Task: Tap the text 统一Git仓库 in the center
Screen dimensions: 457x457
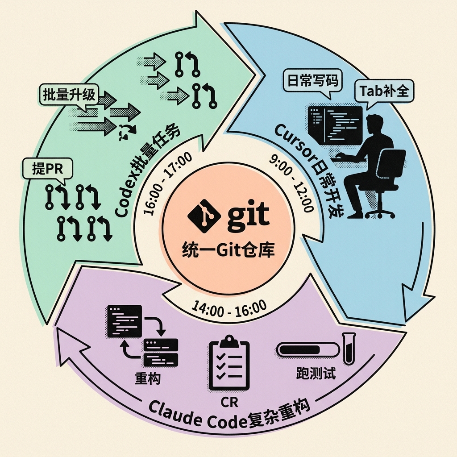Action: pos(228,249)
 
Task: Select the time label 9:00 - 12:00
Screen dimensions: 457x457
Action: pos(291,183)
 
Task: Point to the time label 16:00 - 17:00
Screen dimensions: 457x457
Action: pos(168,183)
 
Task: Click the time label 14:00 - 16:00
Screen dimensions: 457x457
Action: pos(229,309)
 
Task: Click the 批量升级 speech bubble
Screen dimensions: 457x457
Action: pos(69,96)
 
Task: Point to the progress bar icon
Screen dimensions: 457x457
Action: pos(308,349)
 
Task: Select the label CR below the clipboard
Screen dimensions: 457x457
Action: pos(229,402)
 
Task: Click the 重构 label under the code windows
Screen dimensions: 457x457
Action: pos(148,378)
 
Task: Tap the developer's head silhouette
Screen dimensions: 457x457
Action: pos(375,126)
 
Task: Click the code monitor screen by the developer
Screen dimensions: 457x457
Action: pos(335,126)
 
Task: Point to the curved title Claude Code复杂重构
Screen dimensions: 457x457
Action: pos(229,415)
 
